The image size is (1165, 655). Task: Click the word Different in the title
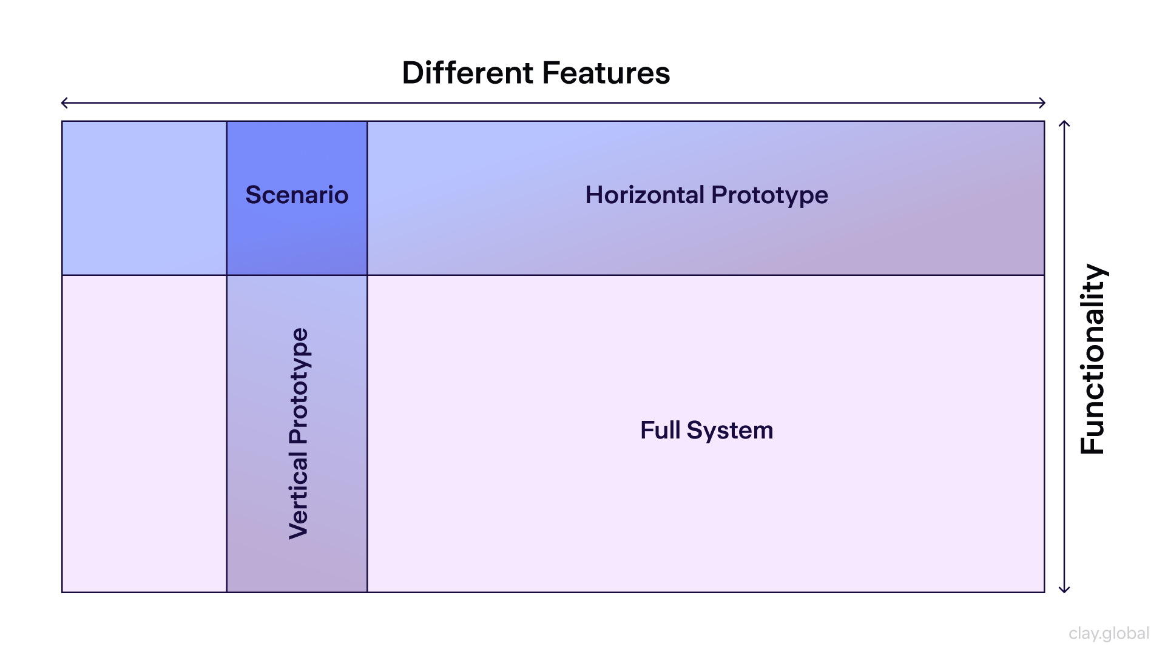[467, 73]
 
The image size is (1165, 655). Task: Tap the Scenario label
[297, 195]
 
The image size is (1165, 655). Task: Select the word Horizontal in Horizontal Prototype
[644, 195]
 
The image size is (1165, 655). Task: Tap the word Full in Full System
[660, 430]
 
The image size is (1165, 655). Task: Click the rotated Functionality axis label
[1093, 359]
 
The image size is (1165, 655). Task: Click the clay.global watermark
[1109, 633]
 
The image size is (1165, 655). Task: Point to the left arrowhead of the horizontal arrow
[64, 103]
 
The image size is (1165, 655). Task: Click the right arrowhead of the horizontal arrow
[1042, 103]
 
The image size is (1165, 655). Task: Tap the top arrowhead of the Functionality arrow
[1064, 124]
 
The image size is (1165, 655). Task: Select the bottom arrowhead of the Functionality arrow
[1064, 589]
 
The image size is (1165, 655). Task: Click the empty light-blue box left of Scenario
[144, 198]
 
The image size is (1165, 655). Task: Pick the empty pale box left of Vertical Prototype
[144, 434]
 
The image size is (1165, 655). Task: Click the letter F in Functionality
[1093, 443]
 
